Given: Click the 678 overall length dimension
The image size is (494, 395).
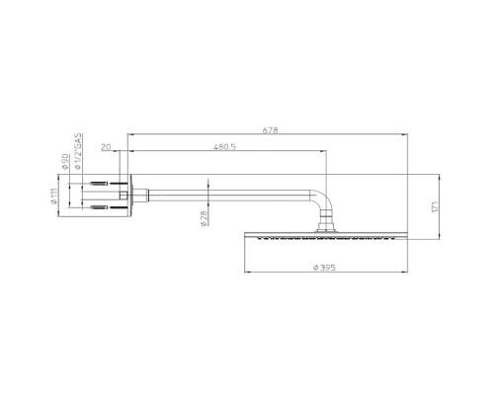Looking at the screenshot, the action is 270,130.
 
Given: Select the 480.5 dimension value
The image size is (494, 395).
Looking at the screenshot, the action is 224,147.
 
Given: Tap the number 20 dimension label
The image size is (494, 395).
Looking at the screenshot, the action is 106,147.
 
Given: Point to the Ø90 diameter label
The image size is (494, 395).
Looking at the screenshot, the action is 65,161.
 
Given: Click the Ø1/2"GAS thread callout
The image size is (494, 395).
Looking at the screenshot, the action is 78,151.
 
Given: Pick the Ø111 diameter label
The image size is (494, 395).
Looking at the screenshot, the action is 54,196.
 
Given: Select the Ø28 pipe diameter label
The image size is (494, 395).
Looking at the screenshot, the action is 204,218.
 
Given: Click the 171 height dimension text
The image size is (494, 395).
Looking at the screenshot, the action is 435,206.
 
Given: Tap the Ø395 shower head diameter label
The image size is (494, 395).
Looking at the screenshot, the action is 324,268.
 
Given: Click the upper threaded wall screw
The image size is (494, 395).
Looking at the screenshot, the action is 99,184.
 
